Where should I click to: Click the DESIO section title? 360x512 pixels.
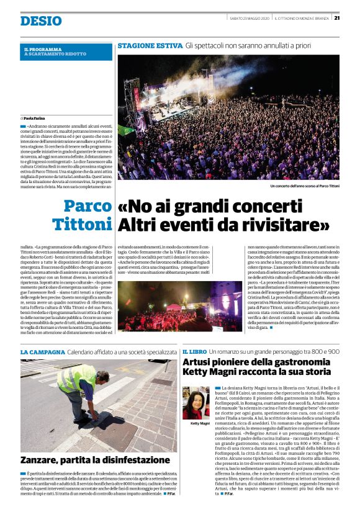click(x=41, y=22)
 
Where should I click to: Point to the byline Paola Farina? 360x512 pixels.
click(x=37, y=117)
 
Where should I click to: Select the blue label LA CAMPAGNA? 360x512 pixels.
click(x=41, y=352)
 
